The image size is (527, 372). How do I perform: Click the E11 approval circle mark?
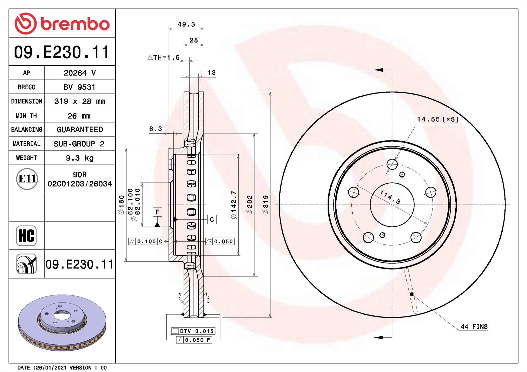point(27,179)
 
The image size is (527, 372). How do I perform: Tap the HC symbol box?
point(26,235)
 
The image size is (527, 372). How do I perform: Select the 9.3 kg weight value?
point(80,158)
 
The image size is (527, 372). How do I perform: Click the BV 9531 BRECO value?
point(80,87)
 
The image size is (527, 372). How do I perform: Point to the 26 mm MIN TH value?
point(79,116)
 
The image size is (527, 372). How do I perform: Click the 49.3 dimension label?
point(186,24)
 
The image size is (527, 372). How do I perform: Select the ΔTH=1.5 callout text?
point(164,57)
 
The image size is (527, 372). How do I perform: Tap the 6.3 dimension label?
point(156,129)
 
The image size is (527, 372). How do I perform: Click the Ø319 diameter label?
point(266,205)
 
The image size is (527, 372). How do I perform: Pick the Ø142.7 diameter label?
point(234,205)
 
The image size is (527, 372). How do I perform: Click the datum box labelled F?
point(157,212)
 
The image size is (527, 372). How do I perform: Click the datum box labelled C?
point(212,219)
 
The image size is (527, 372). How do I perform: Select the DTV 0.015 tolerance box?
point(193,331)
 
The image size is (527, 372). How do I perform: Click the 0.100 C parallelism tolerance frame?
point(146,241)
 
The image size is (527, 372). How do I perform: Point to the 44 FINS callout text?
point(474,326)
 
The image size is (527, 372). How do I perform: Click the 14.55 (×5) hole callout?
point(438,119)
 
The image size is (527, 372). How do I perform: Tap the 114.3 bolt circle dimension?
point(390,197)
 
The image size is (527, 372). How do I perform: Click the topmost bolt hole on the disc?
point(392,164)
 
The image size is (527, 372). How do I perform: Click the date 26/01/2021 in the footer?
point(51,367)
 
